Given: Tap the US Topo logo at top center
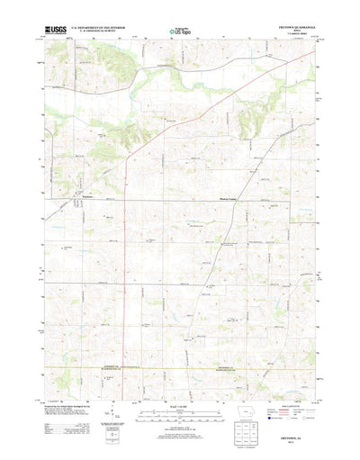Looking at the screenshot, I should [179, 32].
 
